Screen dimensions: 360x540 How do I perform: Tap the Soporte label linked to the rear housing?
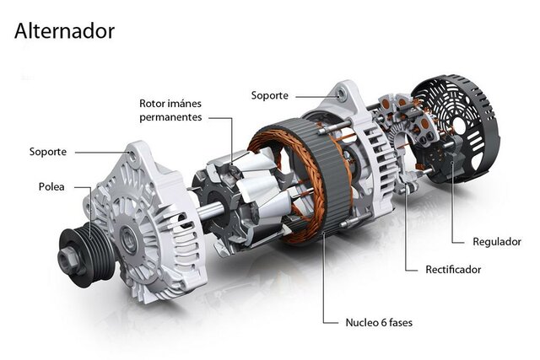[269, 95]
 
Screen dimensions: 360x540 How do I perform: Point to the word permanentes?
[170, 117]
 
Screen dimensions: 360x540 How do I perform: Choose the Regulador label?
[498, 242]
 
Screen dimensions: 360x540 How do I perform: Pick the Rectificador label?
[453, 270]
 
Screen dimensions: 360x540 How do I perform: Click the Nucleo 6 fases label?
[379, 322]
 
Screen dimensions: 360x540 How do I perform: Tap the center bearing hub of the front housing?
[128, 237]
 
